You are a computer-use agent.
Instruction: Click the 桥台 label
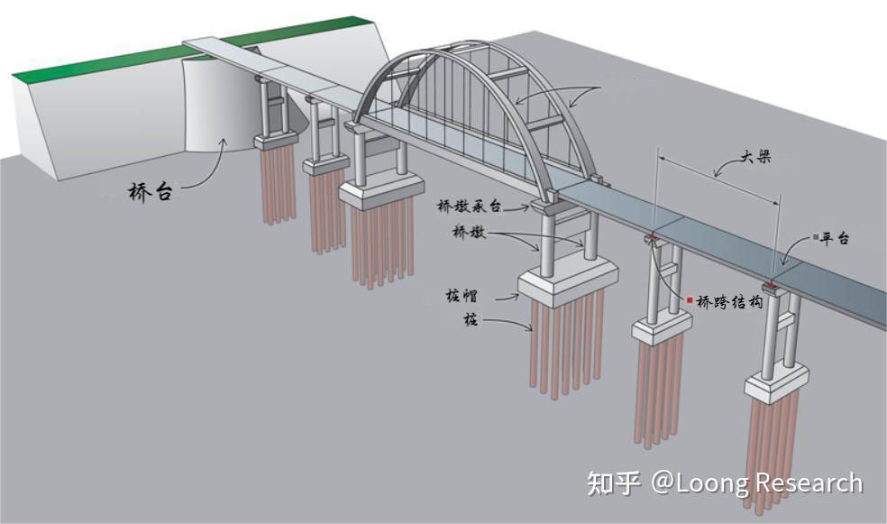(x=150, y=191)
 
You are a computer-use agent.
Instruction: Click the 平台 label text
(x=836, y=239)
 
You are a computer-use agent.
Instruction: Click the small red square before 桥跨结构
(x=690, y=300)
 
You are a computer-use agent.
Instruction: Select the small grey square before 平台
(x=814, y=238)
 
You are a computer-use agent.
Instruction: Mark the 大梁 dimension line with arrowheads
(x=718, y=176)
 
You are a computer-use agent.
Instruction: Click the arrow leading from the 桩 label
(x=508, y=324)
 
